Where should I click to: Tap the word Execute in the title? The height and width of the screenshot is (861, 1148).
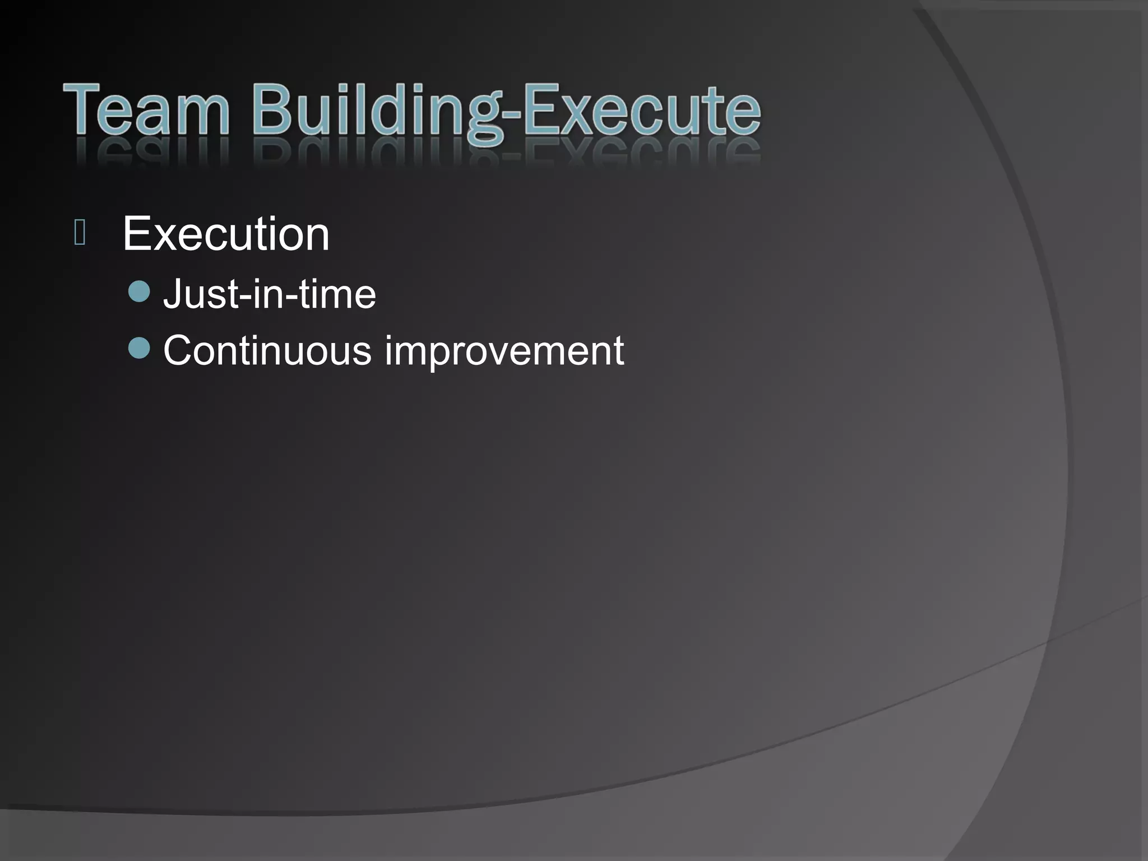[642, 109]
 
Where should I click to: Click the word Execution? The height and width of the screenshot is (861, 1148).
[226, 234]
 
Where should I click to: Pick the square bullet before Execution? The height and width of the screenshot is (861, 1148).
[80, 233]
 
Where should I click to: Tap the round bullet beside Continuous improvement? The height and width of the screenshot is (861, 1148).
[139, 348]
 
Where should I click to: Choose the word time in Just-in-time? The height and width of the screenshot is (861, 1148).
[337, 294]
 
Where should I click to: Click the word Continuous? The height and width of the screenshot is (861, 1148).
[267, 350]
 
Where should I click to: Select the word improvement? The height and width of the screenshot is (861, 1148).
[504, 353]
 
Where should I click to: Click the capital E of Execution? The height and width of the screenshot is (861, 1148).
[137, 234]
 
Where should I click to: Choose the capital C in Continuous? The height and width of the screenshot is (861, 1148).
[179, 350]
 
